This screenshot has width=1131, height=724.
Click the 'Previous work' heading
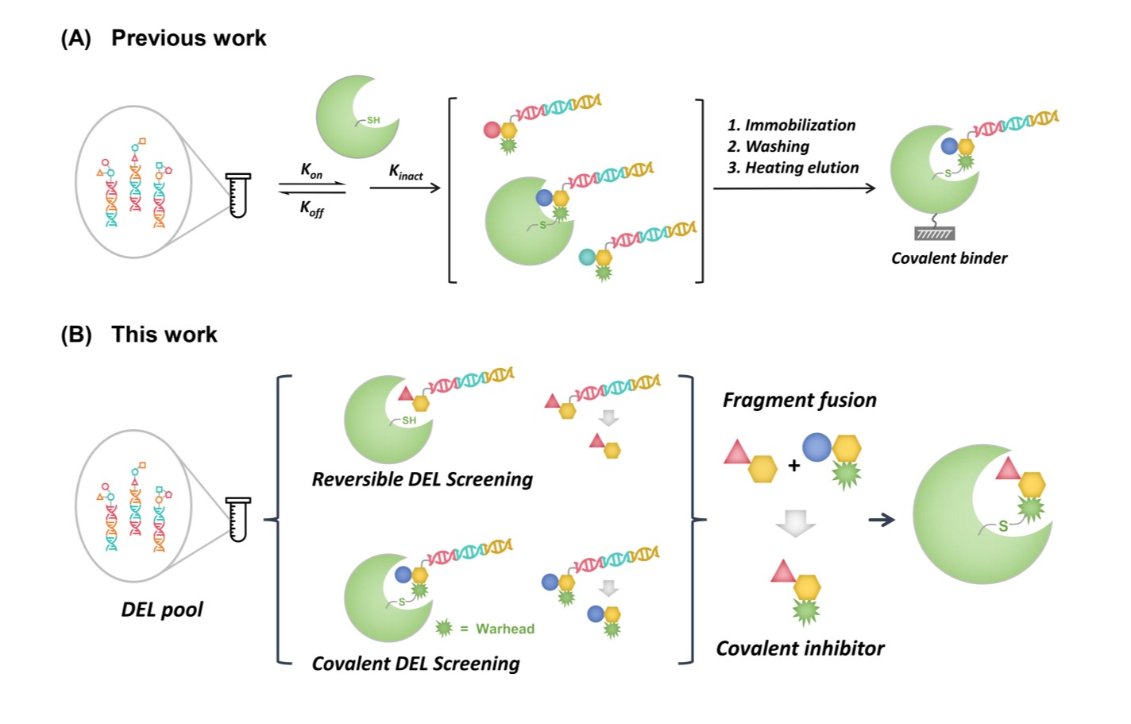point(188,38)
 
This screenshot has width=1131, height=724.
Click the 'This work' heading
point(164,335)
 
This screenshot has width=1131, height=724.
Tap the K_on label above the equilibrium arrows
point(311,170)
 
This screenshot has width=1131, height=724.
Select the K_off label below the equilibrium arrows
point(311,208)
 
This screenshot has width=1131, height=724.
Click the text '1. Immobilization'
point(791,126)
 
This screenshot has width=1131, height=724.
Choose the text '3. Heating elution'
point(793,168)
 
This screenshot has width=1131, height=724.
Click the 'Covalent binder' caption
point(948,258)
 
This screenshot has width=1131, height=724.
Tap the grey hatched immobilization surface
point(935,234)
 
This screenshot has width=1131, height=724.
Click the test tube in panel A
point(237,195)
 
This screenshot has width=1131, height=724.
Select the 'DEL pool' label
point(161,610)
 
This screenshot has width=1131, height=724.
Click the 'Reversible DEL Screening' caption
point(422,479)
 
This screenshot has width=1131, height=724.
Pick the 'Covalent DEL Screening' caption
point(415,664)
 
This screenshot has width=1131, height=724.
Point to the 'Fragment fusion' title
point(799,400)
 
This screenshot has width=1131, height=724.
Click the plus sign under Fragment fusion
point(793,467)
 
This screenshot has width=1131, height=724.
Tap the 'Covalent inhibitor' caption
point(800,649)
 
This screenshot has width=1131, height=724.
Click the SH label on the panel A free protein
point(372,121)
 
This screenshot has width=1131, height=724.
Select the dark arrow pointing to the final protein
point(882,520)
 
